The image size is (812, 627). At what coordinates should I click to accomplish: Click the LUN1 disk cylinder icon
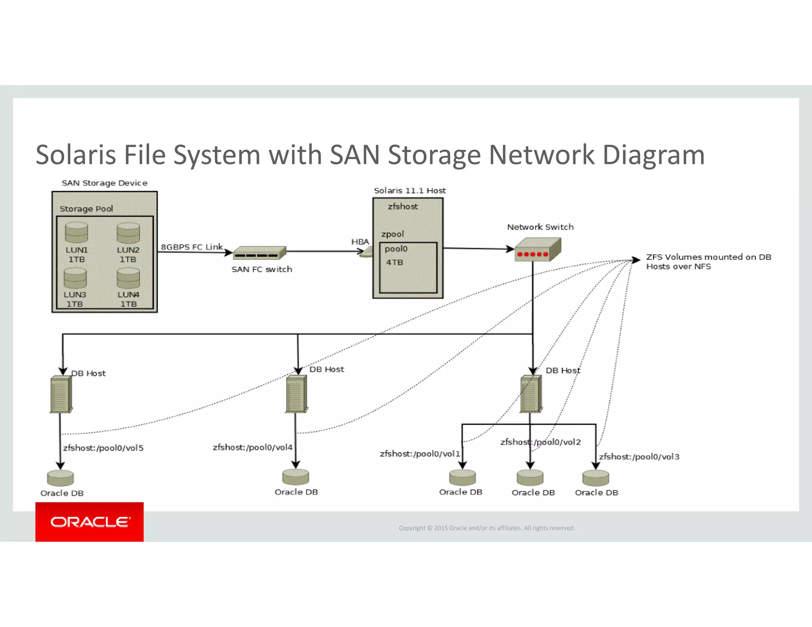pos(77,232)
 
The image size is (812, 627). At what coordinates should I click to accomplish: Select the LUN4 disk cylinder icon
pos(128,278)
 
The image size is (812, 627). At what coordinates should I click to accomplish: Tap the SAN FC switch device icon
pos(260,252)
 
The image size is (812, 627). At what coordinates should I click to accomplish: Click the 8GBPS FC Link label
pos(192,247)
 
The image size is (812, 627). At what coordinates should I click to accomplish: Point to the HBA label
pos(360,242)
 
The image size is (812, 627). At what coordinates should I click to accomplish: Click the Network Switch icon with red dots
pos(537,249)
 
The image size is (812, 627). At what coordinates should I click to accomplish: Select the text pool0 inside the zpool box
pos(396,249)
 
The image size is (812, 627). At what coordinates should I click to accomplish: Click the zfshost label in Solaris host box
pos(402,206)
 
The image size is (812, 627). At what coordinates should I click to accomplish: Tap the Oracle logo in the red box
pos(90,522)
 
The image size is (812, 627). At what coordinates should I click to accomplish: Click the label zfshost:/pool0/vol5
pos(103,448)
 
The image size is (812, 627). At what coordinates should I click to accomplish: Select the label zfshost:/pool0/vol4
pos(253,447)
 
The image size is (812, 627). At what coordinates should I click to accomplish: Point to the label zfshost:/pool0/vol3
pos(639,457)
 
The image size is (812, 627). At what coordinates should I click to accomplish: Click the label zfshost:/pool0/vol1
pos(419,454)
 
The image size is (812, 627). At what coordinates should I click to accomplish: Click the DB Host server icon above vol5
pos(61,394)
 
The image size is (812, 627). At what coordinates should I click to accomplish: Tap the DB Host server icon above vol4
pos(296,394)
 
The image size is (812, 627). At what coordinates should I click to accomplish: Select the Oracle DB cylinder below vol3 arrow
pos(596,478)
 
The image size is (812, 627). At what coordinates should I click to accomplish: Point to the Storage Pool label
pos(86,209)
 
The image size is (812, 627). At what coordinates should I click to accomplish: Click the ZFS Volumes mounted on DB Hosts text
pos(708,262)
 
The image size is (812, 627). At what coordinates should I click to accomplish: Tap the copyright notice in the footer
pos(486,528)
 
